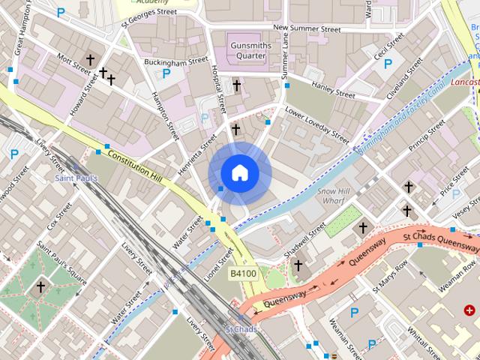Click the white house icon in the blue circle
point(239,173)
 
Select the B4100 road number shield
point(243,274)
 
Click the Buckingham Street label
point(175,60)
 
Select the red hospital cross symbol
point(469,310)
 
